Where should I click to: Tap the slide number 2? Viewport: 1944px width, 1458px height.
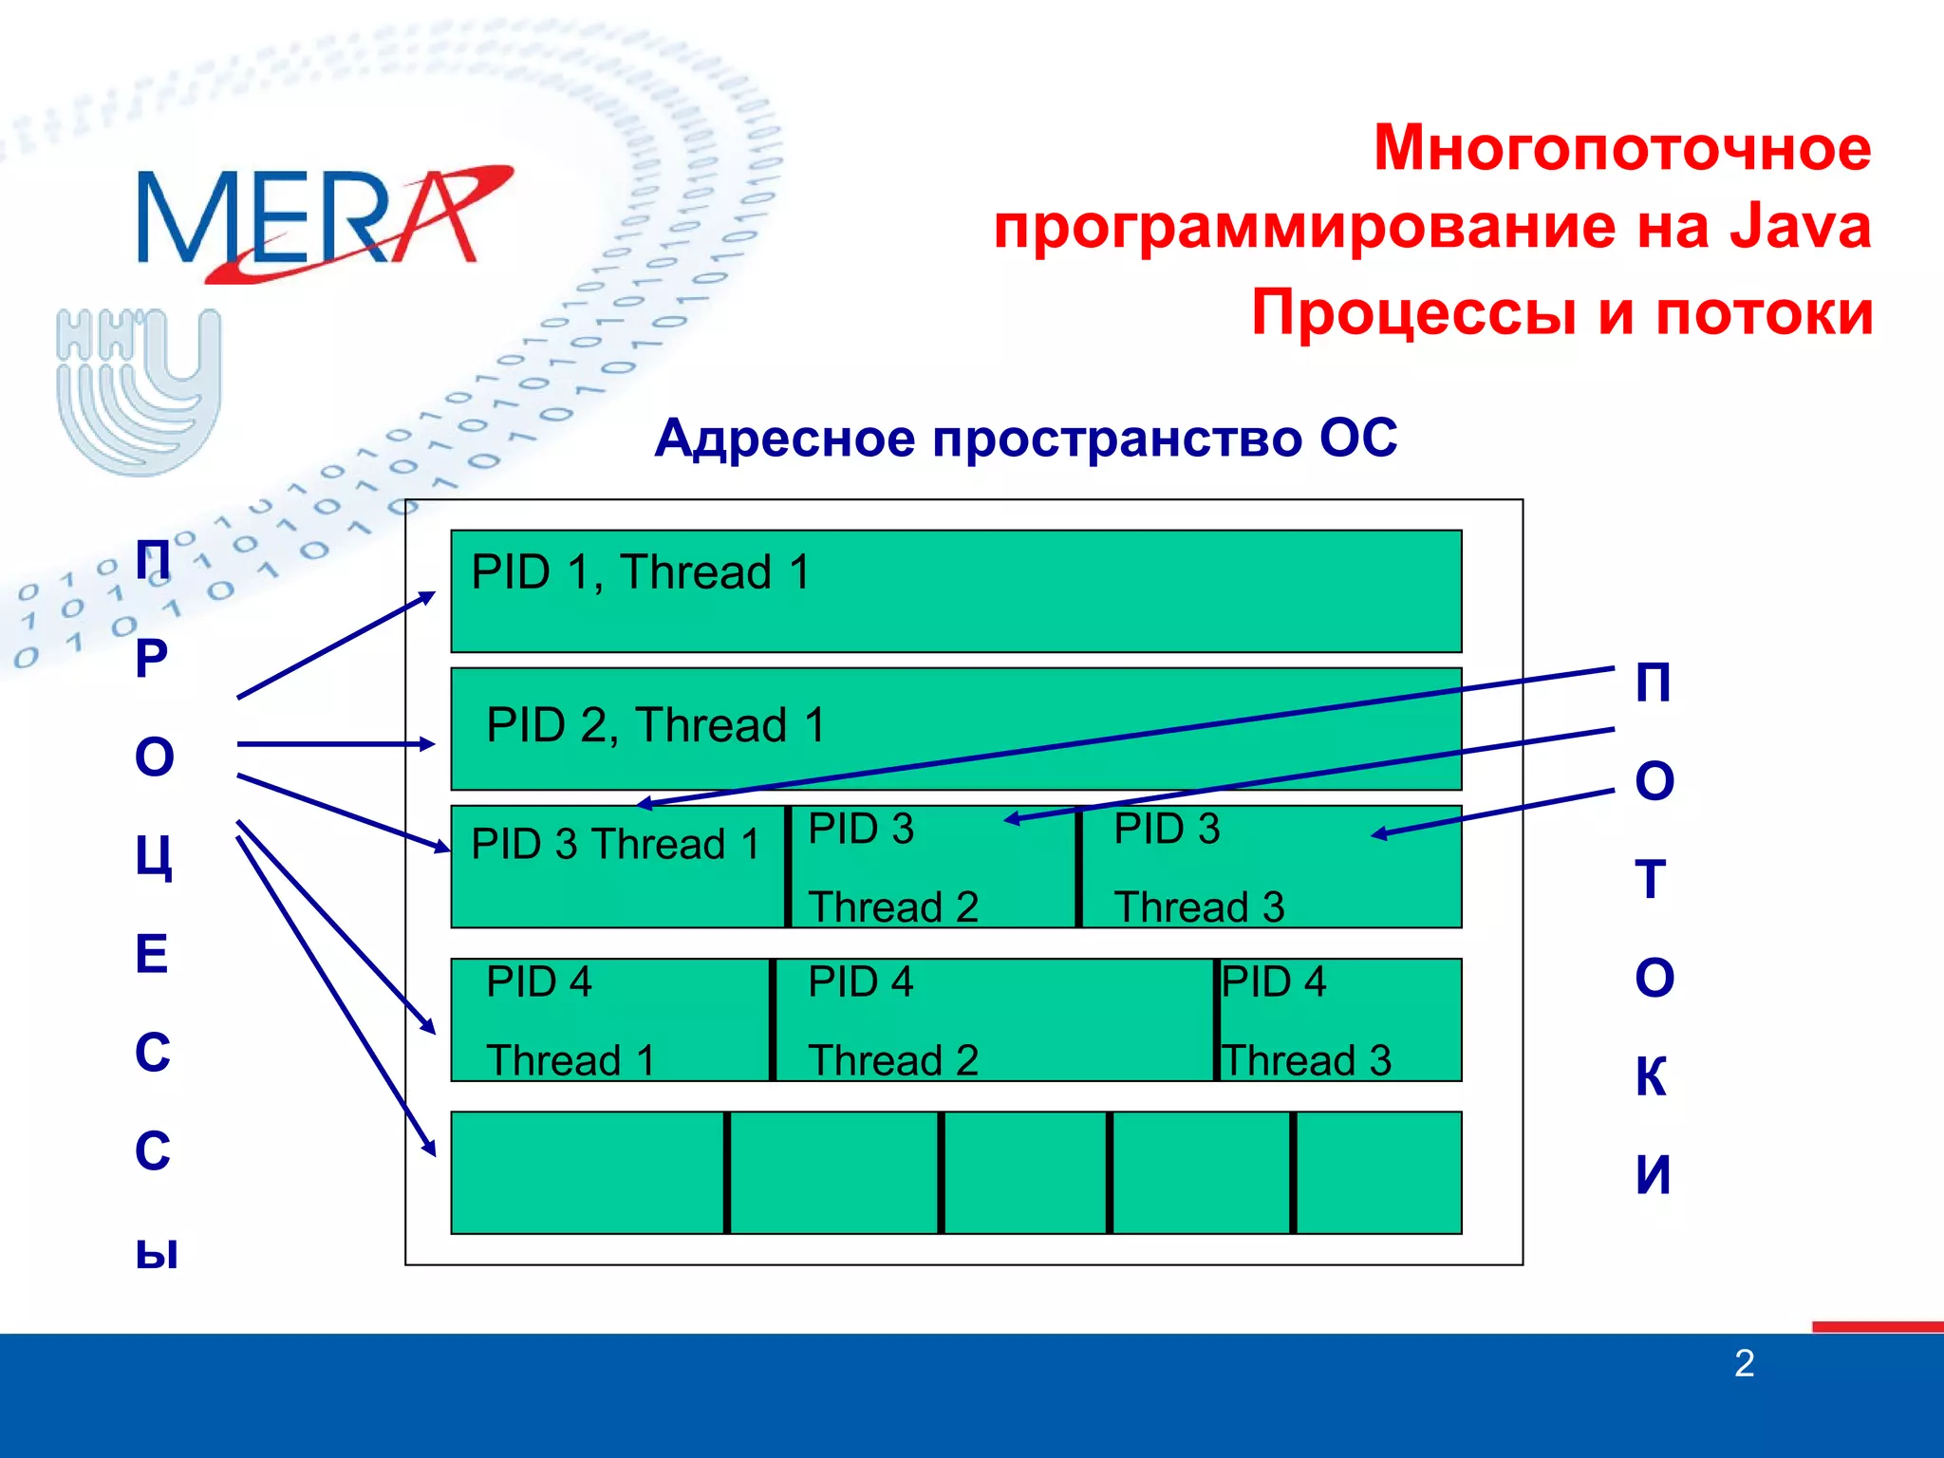1744,1364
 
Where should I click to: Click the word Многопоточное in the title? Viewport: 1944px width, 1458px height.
1622,149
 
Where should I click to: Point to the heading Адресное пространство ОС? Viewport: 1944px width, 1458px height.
1025,439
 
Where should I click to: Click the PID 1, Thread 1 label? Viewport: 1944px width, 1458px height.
641,572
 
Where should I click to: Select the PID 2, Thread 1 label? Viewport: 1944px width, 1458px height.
656,725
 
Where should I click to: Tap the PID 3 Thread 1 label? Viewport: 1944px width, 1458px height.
615,844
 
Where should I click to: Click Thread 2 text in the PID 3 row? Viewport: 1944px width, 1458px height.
893,907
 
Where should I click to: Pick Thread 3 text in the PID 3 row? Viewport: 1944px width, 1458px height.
1199,907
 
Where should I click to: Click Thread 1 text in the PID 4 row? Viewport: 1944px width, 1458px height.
570,1060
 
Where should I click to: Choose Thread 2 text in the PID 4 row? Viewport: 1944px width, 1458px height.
893,1060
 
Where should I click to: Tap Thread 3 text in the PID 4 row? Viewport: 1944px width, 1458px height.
1306,1060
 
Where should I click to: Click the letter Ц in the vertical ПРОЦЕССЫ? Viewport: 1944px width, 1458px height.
154,857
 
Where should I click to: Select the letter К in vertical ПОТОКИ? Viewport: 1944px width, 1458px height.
1652,1076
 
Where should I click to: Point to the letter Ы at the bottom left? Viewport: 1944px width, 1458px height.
157,1252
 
